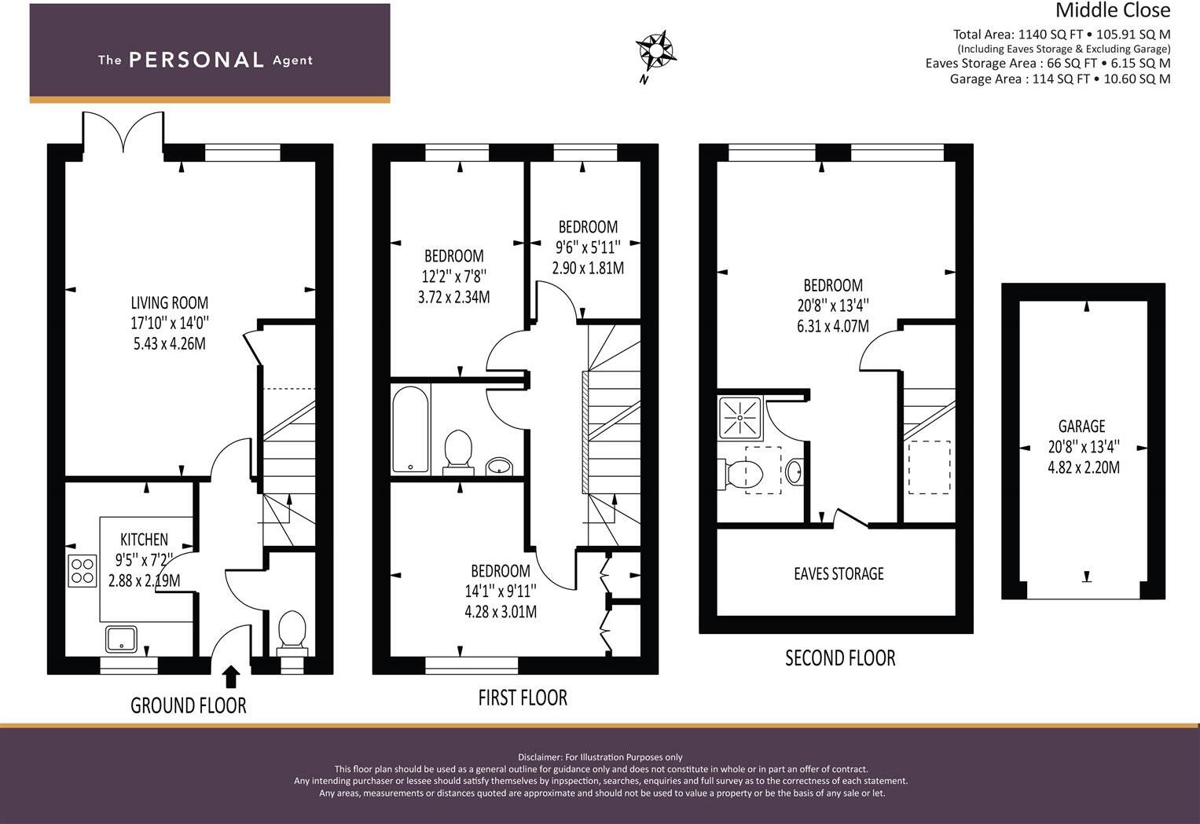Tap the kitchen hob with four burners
click(82, 570)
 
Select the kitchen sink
click(121, 639)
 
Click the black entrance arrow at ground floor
click(231, 676)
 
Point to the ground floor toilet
click(292, 632)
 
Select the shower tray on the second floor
click(740, 417)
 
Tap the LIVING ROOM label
click(170, 302)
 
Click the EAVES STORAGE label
click(839, 573)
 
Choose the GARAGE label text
click(1081, 427)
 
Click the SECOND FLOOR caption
click(840, 657)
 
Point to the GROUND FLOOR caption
click(189, 705)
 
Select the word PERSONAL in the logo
click(196, 60)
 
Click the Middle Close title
click(1112, 10)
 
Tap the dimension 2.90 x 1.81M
click(588, 268)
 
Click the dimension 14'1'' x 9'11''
click(500, 591)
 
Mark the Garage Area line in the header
click(1059, 79)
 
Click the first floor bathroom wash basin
click(499, 467)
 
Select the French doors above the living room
click(123, 131)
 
